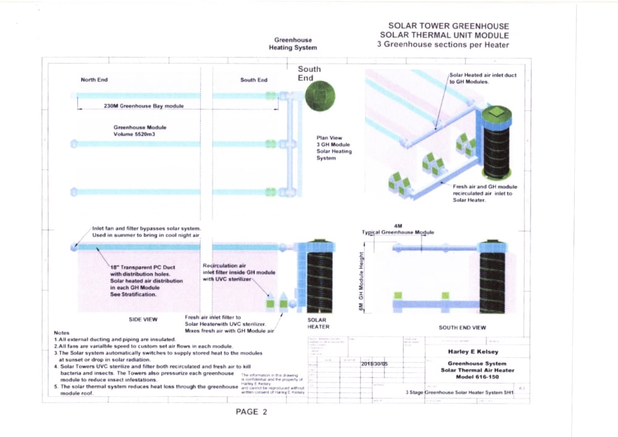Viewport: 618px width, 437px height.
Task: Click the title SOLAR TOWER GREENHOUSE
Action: [x=448, y=27]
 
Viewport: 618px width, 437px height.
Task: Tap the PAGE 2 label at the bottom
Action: [x=252, y=412]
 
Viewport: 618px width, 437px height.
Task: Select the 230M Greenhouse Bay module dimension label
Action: [x=143, y=106]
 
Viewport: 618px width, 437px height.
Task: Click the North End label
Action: [x=95, y=80]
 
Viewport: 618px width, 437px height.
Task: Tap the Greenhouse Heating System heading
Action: [x=293, y=44]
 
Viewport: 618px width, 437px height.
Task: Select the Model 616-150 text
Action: [x=476, y=376]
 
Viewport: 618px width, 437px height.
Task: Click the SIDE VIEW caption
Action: [x=143, y=320]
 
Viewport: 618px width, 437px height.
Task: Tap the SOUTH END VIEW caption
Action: [x=462, y=328]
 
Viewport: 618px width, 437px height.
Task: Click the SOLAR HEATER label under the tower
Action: [x=318, y=323]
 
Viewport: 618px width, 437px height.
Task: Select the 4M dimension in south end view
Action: [x=397, y=226]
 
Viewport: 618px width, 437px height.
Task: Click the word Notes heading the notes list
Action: [x=62, y=333]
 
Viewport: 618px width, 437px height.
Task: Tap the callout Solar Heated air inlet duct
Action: [x=483, y=75]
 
